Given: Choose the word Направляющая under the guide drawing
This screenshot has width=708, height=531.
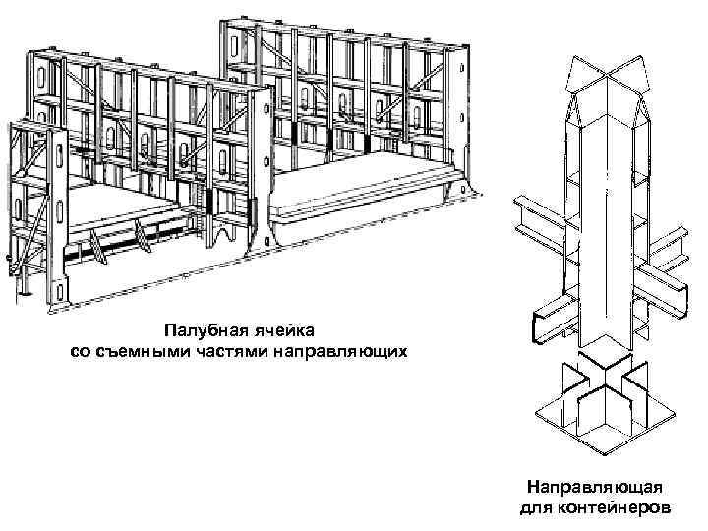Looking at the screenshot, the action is coord(593,488).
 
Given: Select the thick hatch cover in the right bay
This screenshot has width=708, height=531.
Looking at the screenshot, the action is coord(374,198).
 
